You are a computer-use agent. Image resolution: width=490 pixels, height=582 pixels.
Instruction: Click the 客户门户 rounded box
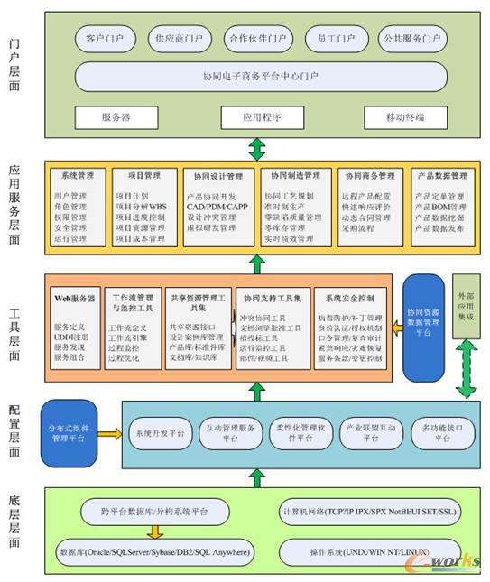[x=106, y=40]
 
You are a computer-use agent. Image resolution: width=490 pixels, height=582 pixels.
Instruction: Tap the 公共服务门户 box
[x=411, y=40]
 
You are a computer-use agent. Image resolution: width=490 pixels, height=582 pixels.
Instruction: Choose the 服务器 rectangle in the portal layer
[x=116, y=117]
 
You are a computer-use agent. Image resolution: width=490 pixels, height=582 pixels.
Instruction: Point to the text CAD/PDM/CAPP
[x=217, y=207]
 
